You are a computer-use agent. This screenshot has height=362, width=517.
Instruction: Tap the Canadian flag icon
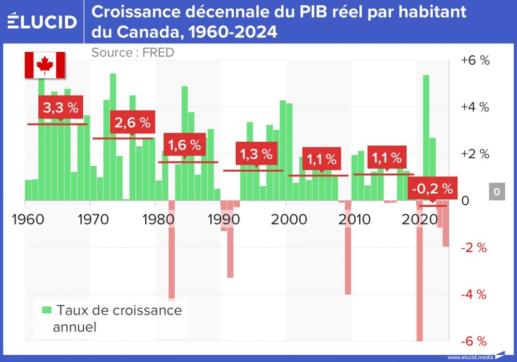(45, 65)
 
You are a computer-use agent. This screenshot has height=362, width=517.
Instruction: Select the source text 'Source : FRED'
(132, 52)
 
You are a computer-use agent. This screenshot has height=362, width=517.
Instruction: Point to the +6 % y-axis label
(475, 61)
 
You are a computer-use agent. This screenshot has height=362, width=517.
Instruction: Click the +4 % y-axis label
(475, 108)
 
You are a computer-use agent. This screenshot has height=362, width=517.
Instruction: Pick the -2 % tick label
(474, 248)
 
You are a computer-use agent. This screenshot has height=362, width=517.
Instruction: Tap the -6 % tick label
(474, 341)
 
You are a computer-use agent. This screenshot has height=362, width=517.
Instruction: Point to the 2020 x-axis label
(418, 219)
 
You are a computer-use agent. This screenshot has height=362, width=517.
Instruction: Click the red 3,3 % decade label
(60, 108)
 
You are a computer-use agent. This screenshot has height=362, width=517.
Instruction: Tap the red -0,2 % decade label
(432, 189)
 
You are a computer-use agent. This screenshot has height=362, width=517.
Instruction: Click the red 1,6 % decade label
(185, 145)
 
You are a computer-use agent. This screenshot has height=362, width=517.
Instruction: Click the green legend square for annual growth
(47, 310)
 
